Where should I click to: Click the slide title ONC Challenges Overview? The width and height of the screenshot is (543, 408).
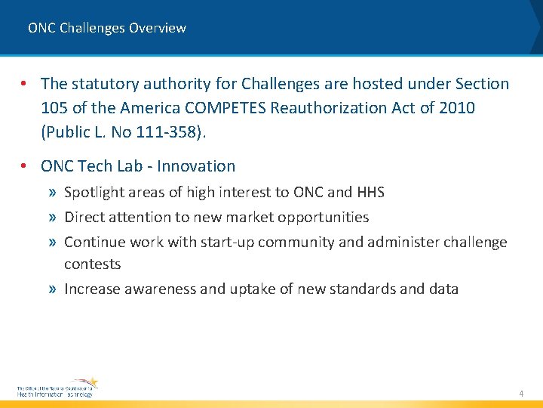click(x=106, y=28)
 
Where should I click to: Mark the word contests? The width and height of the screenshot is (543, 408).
click(x=92, y=264)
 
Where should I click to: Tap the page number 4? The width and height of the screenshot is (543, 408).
click(x=520, y=394)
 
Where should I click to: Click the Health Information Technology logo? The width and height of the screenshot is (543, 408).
click(x=57, y=387)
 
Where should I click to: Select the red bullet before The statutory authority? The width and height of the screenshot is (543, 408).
click(x=25, y=84)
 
